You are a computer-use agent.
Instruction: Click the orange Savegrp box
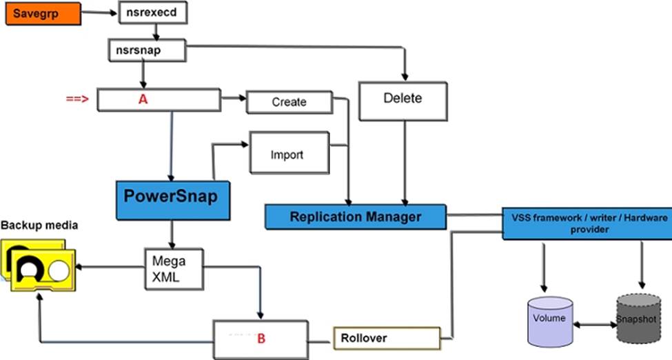[43, 13]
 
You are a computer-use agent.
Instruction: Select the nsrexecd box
[152, 12]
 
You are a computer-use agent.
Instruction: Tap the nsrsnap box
[147, 50]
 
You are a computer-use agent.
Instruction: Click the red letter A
[143, 99]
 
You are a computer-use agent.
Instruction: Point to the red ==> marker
[77, 99]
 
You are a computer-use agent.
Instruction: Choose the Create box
[289, 102]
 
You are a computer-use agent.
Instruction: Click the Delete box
[403, 101]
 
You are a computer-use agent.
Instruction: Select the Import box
[289, 152]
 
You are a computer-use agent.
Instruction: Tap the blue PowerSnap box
[173, 201]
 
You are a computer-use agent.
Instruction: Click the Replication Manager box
[355, 217]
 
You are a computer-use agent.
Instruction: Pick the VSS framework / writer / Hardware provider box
[587, 223]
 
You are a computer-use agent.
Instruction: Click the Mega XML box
[174, 269]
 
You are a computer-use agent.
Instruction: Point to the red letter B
[261, 339]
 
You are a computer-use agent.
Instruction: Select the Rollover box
[387, 338]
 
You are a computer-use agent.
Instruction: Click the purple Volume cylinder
[550, 321]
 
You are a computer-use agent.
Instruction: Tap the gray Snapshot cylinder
[638, 319]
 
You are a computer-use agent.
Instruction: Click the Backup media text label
[39, 226]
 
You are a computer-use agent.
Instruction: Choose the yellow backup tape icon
[39, 265]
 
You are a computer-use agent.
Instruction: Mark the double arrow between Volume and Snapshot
[595, 325]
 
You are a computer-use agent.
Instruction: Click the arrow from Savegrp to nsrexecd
[99, 12]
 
